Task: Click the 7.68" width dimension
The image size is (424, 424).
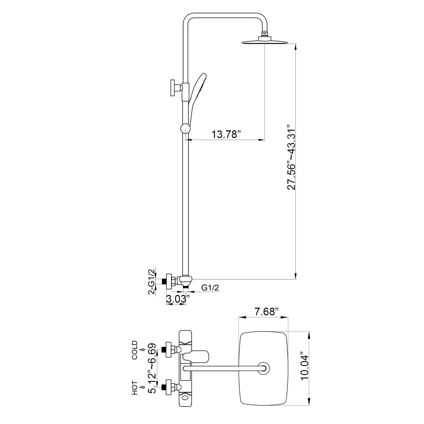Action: (267, 312)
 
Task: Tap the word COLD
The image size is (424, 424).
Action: (135, 350)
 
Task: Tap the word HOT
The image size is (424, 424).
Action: (135, 388)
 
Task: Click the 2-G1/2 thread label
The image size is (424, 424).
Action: (152, 281)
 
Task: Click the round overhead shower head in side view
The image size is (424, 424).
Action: (265, 41)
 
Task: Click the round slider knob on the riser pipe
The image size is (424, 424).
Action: (185, 129)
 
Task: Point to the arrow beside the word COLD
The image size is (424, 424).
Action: (143, 350)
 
